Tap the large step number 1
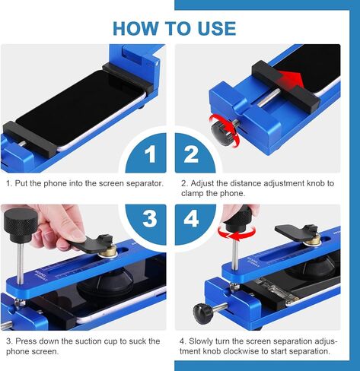pos(151,154)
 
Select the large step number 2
pos(191,154)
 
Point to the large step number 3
pos(150,218)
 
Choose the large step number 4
pos(191,218)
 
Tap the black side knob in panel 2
pos(221,132)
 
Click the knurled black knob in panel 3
pos(21,224)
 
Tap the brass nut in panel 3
pos(109,251)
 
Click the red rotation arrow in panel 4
pos(237,233)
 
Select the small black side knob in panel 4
pos(201,313)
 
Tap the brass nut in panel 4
pos(313,240)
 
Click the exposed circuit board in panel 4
pos(273,290)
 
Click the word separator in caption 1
pos(145,183)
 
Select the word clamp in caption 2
pos(192,193)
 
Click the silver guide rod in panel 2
pos(269,98)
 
